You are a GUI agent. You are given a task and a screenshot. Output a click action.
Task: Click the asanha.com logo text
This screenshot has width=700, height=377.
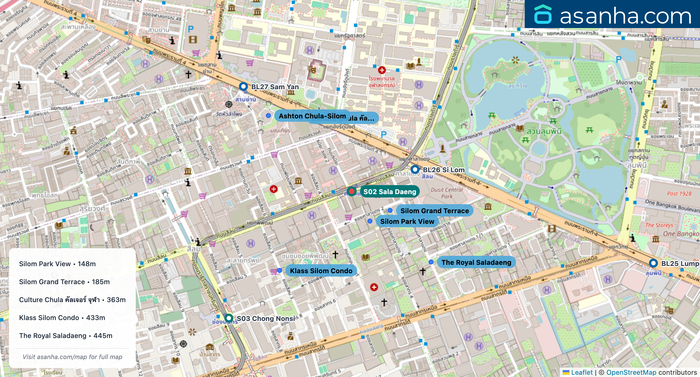click(625, 16)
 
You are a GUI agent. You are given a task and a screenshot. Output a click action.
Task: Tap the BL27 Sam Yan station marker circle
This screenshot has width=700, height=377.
click(243, 86)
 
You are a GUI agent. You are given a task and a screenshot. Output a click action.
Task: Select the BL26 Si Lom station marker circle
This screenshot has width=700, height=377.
click(415, 169)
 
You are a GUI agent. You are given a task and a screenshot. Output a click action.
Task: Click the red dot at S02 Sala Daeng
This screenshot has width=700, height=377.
click(351, 192)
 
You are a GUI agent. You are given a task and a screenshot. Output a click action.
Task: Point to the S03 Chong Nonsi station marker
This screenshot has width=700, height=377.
click(229, 318)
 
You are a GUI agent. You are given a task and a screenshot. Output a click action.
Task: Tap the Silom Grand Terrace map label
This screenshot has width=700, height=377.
click(434, 211)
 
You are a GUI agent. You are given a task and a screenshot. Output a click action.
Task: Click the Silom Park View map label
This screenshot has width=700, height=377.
click(407, 221)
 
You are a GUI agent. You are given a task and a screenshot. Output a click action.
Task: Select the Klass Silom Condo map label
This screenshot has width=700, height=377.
click(321, 271)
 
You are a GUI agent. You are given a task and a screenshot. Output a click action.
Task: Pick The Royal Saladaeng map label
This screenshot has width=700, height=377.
click(476, 262)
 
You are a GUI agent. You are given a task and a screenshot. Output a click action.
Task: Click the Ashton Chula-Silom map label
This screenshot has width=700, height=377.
click(312, 116)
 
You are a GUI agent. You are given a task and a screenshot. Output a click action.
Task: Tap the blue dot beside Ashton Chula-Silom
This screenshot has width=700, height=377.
click(268, 116)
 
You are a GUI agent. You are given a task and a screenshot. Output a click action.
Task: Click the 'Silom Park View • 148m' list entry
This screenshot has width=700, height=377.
click(57, 264)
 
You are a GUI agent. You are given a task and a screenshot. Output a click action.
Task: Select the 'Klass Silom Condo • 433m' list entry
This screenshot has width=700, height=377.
click(62, 318)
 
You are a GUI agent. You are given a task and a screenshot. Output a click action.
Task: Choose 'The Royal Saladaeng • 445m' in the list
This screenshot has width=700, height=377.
click(66, 336)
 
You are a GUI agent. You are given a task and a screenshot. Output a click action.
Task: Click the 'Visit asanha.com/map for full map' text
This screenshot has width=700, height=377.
click(72, 357)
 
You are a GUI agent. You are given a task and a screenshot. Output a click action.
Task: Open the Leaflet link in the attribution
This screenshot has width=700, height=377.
click(582, 372)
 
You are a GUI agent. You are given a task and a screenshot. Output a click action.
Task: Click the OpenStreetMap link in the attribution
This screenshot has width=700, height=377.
click(631, 372)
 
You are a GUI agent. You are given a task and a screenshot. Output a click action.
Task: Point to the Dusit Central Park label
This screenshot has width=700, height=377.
click(447, 193)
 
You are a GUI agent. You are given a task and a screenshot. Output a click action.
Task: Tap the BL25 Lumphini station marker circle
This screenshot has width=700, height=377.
click(653, 263)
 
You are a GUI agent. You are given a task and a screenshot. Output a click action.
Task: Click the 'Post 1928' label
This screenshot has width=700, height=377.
click(679, 194)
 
